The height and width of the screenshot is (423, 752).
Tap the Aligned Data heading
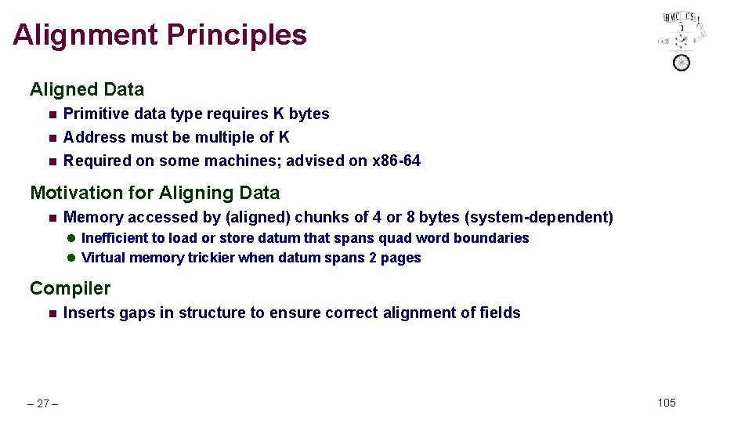click(87, 90)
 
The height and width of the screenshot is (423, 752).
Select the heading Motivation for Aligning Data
click(154, 193)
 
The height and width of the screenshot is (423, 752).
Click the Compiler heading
click(70, 288)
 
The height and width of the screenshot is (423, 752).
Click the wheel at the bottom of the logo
click(681, 62)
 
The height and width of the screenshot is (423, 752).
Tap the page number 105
click(666, 403)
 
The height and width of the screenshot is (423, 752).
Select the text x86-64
click(396, 161)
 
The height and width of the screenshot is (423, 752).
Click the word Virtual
click(104, 258)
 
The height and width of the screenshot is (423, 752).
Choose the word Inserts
click(89, 313)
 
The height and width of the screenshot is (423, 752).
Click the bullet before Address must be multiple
click(52, 138)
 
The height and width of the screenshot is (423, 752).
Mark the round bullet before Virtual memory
click(70, 258)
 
